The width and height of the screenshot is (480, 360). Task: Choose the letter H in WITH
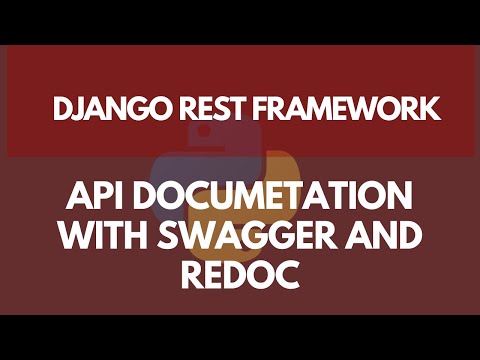tap(146, 237)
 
